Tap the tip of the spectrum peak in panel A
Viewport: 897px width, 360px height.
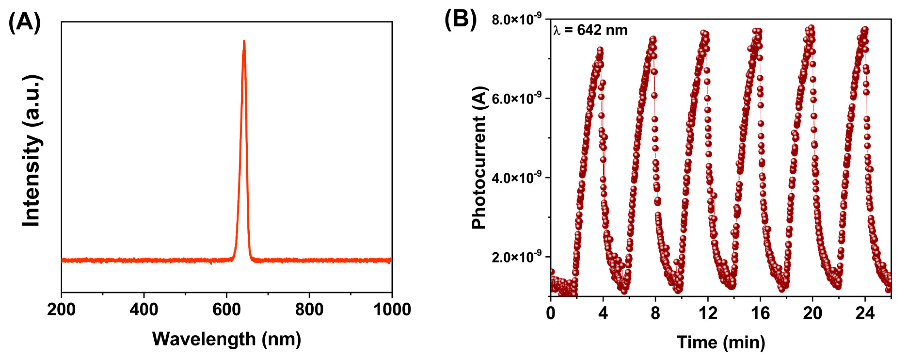pyautogui.click(x=244, y=41)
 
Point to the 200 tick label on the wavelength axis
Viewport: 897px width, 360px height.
pyautogui.click(x=61, y=310)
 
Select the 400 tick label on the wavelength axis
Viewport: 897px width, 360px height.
pyautogui.click(x=144, y=310)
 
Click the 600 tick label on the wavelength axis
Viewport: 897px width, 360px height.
pyautogui.click(x=227, y=310)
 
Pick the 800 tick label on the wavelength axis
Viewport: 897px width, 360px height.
pyautogui.click(x=309, y=310)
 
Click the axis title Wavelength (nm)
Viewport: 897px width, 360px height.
pyautogui.click(x=227, y=339)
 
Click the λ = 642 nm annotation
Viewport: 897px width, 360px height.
pyautogui.click(x=590, y=30)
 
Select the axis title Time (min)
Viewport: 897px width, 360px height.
pyautogui.click(x=721, y=342)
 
